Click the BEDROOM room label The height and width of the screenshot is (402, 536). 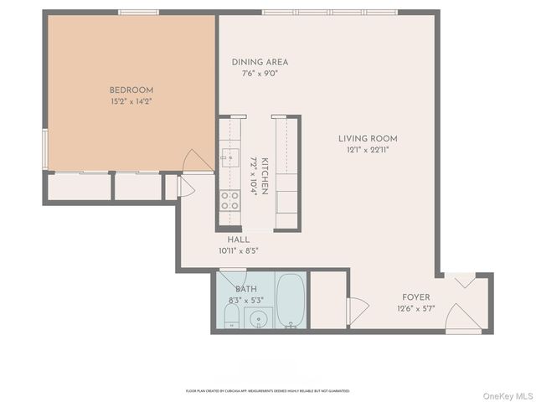click(131, 90)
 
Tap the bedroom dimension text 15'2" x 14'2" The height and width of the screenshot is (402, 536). click(131, 101)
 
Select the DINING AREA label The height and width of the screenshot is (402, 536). click(260, 62)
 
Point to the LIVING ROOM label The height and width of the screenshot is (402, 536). click(368, 139)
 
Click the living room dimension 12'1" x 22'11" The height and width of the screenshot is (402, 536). click(368, 150)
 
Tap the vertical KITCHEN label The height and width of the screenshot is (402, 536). click(264, 176)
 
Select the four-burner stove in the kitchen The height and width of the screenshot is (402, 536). click(229, 200)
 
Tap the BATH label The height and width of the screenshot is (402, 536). click(246, 290)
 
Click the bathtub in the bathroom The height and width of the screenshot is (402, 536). click(291, 300)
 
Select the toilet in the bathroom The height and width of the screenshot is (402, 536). click(233, 317)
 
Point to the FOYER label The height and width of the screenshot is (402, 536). click(415, 297)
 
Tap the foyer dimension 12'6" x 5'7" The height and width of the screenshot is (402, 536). click(415, 308)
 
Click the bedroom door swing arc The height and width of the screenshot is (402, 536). click(193, 159)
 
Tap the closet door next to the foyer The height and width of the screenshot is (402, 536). click(356, 312)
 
